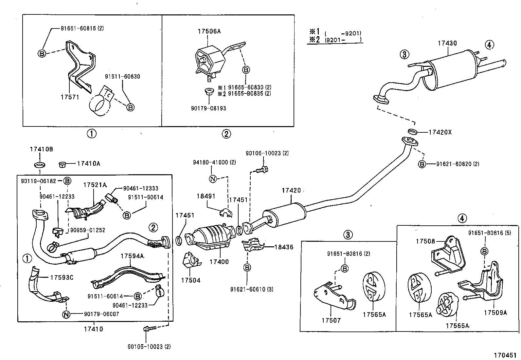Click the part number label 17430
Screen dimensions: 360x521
pyautogui.click(x=448, y=43)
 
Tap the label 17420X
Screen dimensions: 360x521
pyautogui.click(x=440, y=132)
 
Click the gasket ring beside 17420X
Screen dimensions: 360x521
pyautogui.click(x=413, y=132)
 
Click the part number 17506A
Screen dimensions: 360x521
pyautogui.click(x=209, y=31)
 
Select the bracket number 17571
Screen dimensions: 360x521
pyautogui.click(x=70, y=97)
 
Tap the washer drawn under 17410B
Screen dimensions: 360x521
pyautogui.click(x=39, y=164)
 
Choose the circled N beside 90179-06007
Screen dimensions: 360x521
pyautogui.click(x=66, y=314)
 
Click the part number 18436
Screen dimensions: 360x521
pyautogui.click(x=284, y=247)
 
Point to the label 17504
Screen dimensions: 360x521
pyautogui.click(x=191, y=280)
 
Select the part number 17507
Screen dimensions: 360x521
pyautogui.click(x=331, y=320)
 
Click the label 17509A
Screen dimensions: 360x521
pyautogui.click(x=495, y=313)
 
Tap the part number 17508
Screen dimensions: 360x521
pyautogui.click(x=425, y=241)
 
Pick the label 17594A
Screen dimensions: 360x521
pyautogui.click(x=132, y=256)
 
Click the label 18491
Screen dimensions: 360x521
pyautogui.click(x=206, y=196)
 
